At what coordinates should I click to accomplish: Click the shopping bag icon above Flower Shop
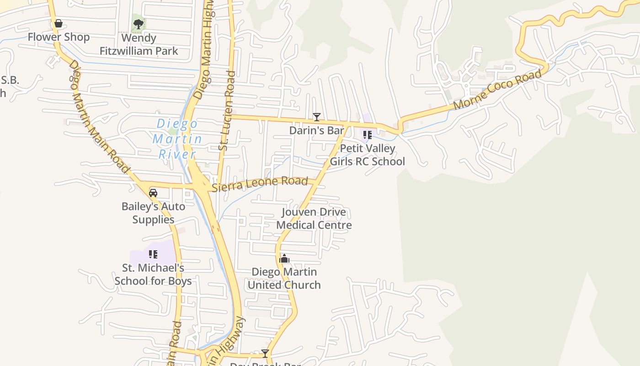click(59, 23)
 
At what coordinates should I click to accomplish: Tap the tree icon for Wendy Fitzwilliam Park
click(138, 24)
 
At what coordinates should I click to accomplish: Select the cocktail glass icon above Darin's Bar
click(316, 117)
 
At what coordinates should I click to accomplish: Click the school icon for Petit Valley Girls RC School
click(367, 135)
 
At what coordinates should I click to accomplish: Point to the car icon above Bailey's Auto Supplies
click(153, 193)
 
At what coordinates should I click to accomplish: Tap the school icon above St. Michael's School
click(153, 254)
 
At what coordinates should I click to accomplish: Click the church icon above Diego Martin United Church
click(284, 259)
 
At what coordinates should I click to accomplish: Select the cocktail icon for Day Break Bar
click(265, 353)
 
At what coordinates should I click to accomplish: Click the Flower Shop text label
click(59, 37)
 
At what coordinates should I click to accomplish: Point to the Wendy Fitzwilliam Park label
click(139, 44)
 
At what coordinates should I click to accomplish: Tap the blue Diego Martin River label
click(177, 139)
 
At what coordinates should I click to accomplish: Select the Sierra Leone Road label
click(260, 183)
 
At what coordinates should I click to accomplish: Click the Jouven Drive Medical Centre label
click(314, 219)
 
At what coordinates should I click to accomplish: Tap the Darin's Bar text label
click(316, 130)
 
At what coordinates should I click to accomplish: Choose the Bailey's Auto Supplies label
click(153, 213)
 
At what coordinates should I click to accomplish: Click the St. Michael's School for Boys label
click(153, 274)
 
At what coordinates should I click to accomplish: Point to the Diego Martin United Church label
click(284, 278)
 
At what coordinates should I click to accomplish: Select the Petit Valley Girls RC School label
click(367, 155)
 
